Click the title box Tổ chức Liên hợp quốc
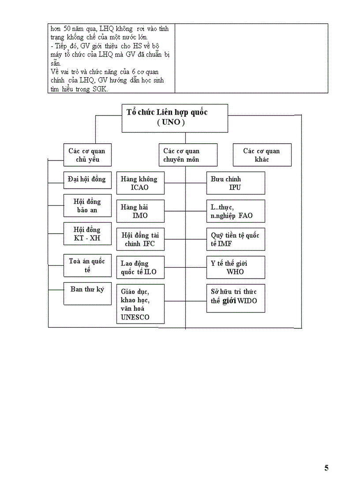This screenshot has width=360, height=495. (x=175, y=118)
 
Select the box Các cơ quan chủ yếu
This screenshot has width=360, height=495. (x=87, y=155)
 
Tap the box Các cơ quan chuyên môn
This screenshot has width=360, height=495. (x=188, y=155)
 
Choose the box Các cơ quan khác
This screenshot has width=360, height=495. (x=262, y=155)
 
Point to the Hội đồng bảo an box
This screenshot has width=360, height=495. (x=87, y=206)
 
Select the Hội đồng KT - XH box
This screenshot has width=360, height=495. (x=87, y=234)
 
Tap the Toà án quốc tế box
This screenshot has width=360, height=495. (x=87, y=265)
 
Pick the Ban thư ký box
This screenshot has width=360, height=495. (x=87, y=293)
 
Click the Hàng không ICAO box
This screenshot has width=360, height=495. (x=140, y=183)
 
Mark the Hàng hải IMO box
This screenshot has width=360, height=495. (x=140, y=211)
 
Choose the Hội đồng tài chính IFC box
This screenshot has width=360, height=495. (x=140, y=239)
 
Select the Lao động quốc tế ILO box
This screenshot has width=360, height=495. (x=140, y=268)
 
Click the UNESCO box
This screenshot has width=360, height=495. (x=140, y=304)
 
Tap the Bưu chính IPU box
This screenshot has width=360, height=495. (x=236, y=183)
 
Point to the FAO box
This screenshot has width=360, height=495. (x=236, y=211)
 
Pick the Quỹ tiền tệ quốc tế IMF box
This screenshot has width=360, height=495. (x=236, y=239)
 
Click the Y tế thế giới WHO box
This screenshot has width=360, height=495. (x=236, y=268)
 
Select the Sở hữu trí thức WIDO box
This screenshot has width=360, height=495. (x=236, y=298)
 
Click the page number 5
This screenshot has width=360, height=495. (x=326, y=468)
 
